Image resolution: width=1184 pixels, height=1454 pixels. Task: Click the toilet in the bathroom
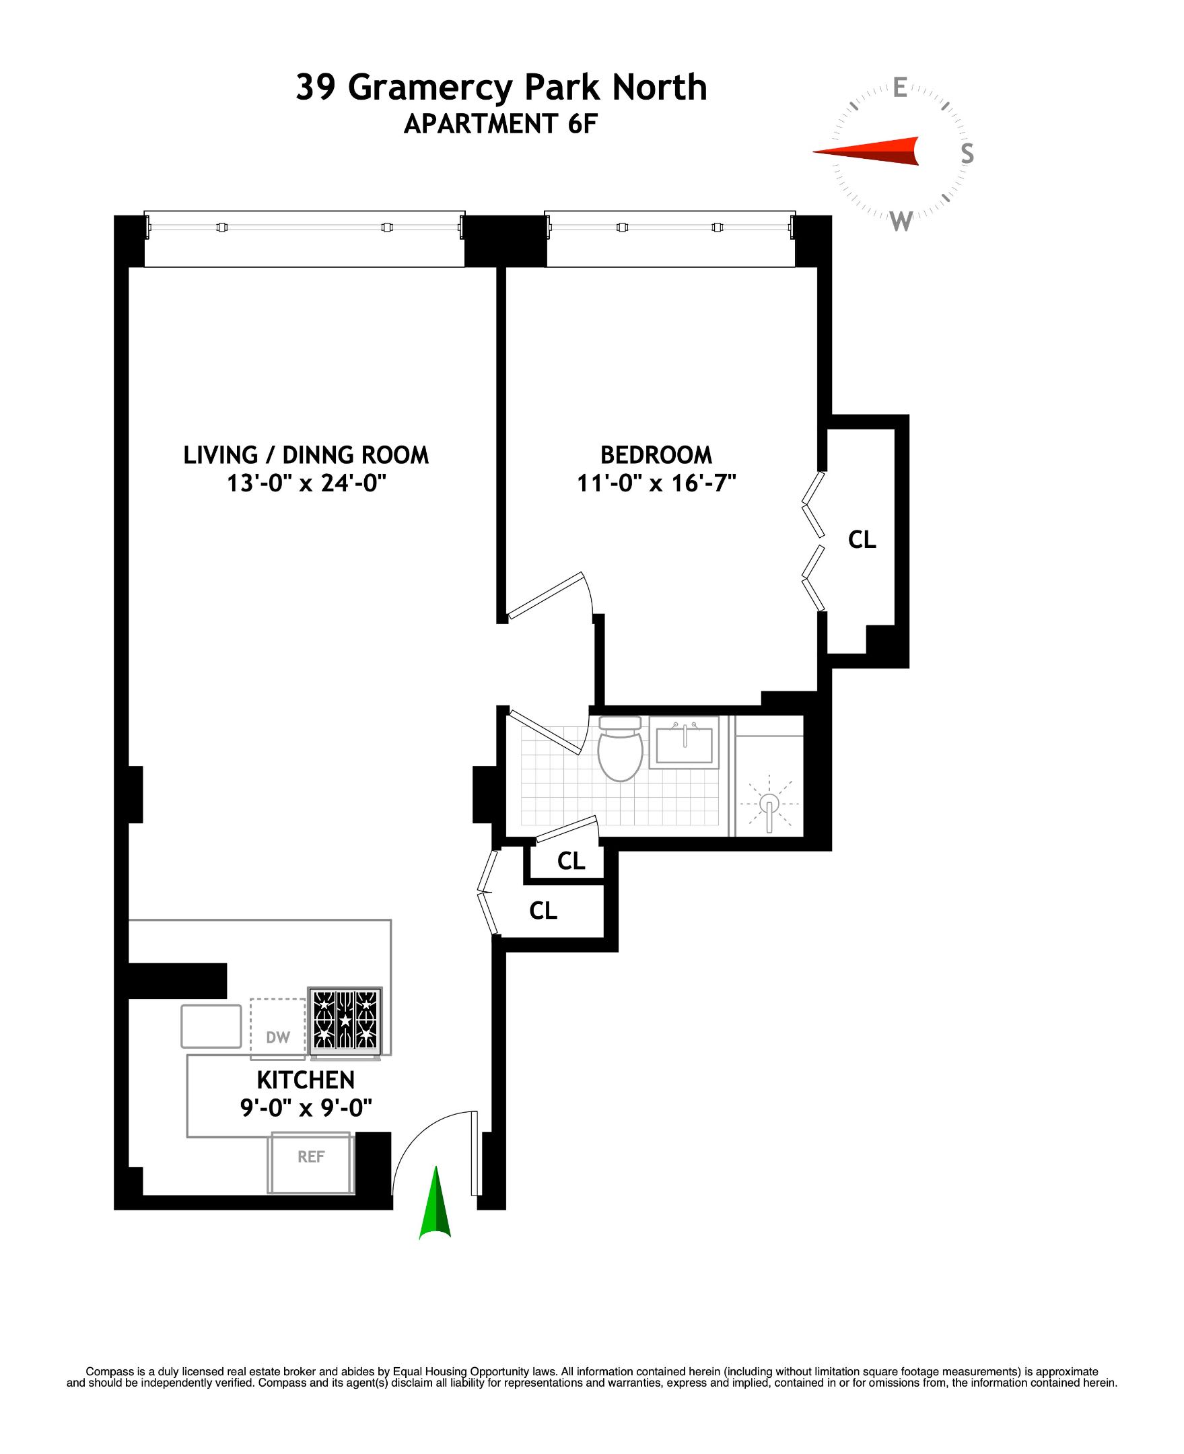620,749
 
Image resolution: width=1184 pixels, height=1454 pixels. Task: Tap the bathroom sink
683,744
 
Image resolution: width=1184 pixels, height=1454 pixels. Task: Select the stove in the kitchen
345,1020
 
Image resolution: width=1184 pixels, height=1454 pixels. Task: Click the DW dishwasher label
278,1037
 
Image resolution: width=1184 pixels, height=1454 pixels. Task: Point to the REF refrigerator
311,1156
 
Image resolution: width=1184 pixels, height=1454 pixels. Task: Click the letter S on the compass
967,153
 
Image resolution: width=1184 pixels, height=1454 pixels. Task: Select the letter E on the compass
900,88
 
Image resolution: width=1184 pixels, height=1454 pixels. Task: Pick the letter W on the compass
902,221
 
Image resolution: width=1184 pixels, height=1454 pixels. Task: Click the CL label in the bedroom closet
862,540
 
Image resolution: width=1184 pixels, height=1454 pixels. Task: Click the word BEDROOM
656,455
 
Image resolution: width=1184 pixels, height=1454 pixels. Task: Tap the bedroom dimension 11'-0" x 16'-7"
656,483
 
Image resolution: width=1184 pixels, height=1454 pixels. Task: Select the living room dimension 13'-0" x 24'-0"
306,483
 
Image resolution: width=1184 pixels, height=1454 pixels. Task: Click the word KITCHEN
306,1080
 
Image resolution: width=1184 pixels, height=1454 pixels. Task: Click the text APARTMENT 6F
501,124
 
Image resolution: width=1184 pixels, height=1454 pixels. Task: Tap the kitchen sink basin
211,1026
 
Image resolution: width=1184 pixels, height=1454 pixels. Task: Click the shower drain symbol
769,804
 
